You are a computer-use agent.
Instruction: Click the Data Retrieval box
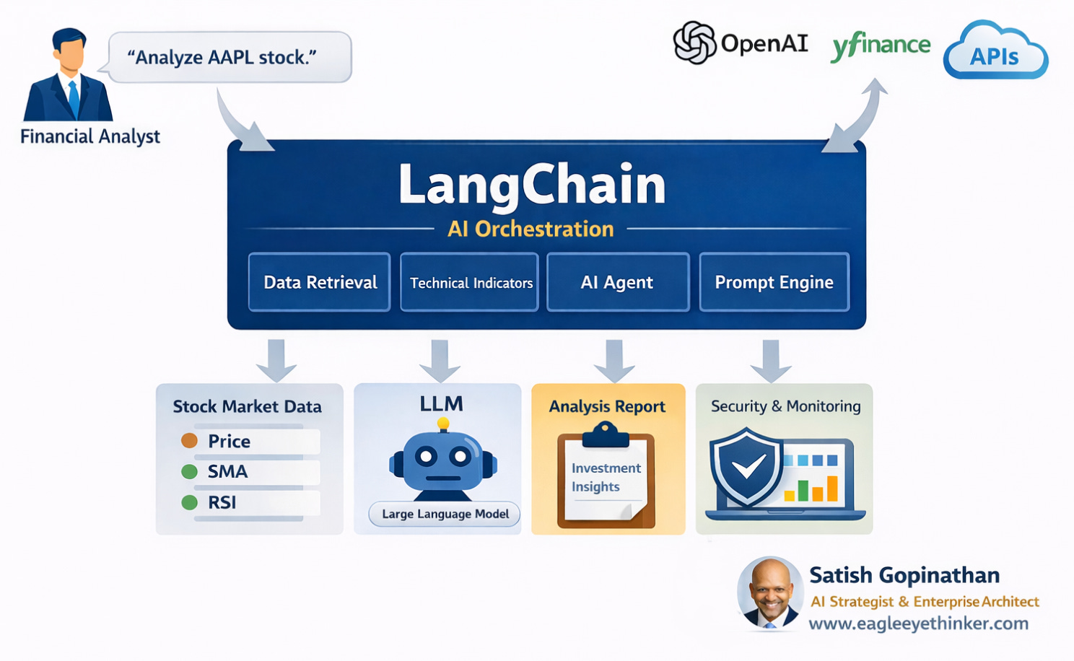[320, 282]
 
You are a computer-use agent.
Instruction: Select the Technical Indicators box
[470, 282]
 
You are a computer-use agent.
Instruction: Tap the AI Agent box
[618, 282]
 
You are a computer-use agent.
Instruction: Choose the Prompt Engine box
[774, 282]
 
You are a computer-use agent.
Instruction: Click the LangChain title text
[532, 185]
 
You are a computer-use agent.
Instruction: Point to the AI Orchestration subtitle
[531, 229]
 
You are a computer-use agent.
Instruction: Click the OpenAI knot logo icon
[694, 43]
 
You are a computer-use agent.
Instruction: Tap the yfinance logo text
[881, 45]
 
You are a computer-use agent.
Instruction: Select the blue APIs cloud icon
[995, 53]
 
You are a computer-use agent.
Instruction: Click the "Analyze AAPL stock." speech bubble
[230, 57]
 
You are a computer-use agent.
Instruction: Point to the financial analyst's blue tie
[74, 100]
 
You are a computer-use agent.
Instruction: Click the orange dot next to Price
[189, 440]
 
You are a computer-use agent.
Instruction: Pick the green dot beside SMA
[189, 471]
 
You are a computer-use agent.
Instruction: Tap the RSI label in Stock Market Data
[222, 503]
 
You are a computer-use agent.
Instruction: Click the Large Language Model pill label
[445, 514]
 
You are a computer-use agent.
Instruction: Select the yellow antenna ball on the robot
[443, 424]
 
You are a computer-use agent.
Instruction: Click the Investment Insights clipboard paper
[605, 479]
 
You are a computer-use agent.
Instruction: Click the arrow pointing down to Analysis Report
[614, 359]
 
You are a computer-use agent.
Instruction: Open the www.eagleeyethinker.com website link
[918, 623]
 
